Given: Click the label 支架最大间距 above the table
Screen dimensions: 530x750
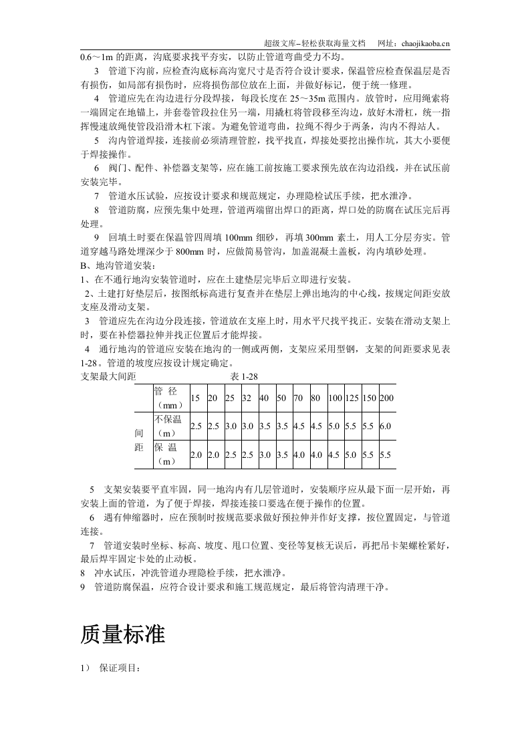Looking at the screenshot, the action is point(108,377).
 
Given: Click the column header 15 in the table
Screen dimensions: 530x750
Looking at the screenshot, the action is point(195,398).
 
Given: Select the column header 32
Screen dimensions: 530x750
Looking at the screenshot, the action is point(247,398).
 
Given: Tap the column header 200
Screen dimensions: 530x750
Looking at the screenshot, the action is point(386,398).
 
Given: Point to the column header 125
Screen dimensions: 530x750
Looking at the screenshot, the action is point(352,398).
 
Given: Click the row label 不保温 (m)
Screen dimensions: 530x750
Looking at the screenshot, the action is point(169,426).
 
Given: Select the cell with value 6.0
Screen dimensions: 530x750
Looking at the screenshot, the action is point(386,426).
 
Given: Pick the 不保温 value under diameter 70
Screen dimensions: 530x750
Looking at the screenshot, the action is point(299,426).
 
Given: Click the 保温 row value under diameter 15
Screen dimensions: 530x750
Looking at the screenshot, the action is point(196,455).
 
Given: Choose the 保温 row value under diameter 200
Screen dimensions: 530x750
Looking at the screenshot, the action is point(386,455).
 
